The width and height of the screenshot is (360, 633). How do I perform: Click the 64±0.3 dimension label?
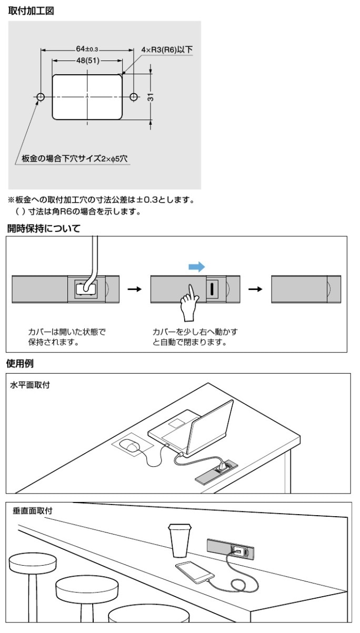87,49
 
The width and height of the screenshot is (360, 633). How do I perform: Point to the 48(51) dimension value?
88,61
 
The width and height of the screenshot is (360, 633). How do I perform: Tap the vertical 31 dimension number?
151,97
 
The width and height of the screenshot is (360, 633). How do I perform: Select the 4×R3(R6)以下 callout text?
167,50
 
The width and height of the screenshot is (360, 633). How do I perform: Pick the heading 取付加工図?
31,11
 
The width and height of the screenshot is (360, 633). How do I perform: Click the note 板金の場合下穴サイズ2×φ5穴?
75,158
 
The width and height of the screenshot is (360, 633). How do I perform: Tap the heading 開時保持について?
44,228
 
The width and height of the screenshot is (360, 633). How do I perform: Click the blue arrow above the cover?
197,266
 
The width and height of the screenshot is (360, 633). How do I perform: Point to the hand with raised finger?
190,303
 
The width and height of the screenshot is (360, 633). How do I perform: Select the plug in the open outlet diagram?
86,288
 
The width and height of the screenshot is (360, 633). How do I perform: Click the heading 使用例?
20,364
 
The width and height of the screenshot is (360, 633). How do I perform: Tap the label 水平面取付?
30,385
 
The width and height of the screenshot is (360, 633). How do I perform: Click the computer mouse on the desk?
130,445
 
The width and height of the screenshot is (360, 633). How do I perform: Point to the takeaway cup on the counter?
179,540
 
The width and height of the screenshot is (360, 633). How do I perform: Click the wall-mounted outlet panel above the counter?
231,549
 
